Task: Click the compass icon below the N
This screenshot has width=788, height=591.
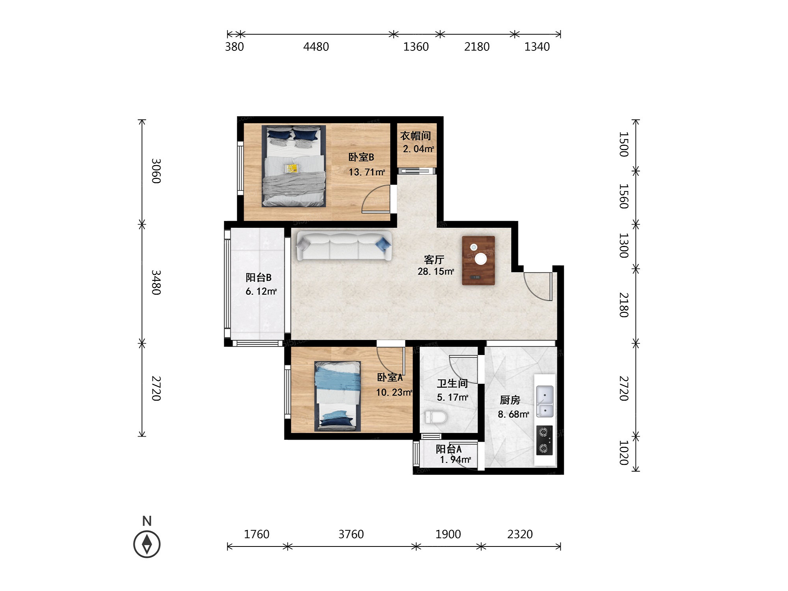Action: pos(147,544)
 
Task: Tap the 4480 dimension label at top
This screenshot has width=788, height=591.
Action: pos(316,47)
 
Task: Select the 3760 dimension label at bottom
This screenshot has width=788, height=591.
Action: pos(351,534)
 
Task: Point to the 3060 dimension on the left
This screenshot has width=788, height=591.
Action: pos(156,171)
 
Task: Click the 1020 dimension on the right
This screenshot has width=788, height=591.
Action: pos(623,453)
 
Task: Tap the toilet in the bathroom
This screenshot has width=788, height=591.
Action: pos(436,417)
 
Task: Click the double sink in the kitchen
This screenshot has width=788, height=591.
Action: pos(545,401)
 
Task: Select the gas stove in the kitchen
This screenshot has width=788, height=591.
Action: pos(545,440)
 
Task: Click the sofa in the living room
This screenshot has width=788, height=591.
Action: pos(344,245)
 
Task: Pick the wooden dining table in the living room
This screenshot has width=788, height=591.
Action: pos(478,260)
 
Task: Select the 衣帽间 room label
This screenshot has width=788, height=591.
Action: pos(416,136)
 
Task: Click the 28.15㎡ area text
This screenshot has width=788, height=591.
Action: pos(436,271)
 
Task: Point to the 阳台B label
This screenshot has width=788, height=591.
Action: pos(258,277)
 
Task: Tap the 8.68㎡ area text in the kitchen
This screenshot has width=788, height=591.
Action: pos(513,414)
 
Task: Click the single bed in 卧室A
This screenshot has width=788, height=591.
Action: pos(338,396)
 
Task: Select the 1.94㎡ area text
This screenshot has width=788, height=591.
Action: pos(455,460)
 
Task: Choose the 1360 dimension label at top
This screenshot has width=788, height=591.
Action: pos(416,47)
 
